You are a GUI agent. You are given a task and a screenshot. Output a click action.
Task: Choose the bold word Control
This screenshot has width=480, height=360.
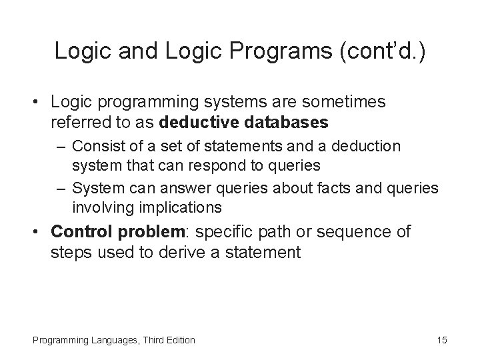pyautogui.click(x=82, y=231)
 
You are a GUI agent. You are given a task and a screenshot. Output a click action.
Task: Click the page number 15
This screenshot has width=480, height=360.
pyautogui.click(x=442, y=340)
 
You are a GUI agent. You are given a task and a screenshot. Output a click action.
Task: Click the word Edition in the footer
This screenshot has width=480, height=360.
pyautogui.click(x=179, y=340)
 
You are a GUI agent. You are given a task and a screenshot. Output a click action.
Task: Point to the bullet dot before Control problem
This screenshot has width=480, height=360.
pyautogui.click(x=39, y=232)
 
